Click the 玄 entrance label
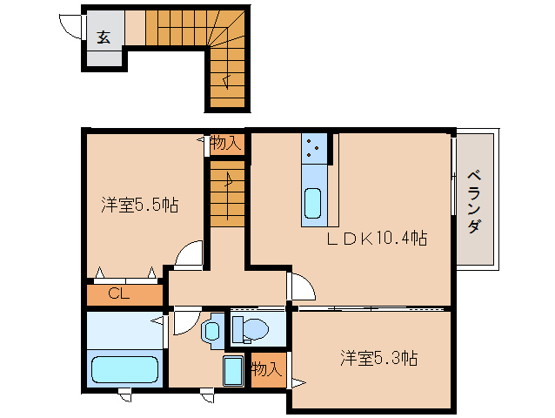click(104, 37)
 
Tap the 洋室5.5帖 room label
click(140, 205)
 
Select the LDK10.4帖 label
click(377, 238)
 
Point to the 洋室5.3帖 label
click(379, 358)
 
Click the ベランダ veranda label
click(474, 202)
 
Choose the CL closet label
click(119, 293)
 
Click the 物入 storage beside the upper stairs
click(225, 144)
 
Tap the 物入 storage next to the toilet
click(267, 369)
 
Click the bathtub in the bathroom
click(124, 369)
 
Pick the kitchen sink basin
click(313, 203)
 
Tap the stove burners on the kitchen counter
click(312, 148)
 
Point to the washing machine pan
click(233, 370)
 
